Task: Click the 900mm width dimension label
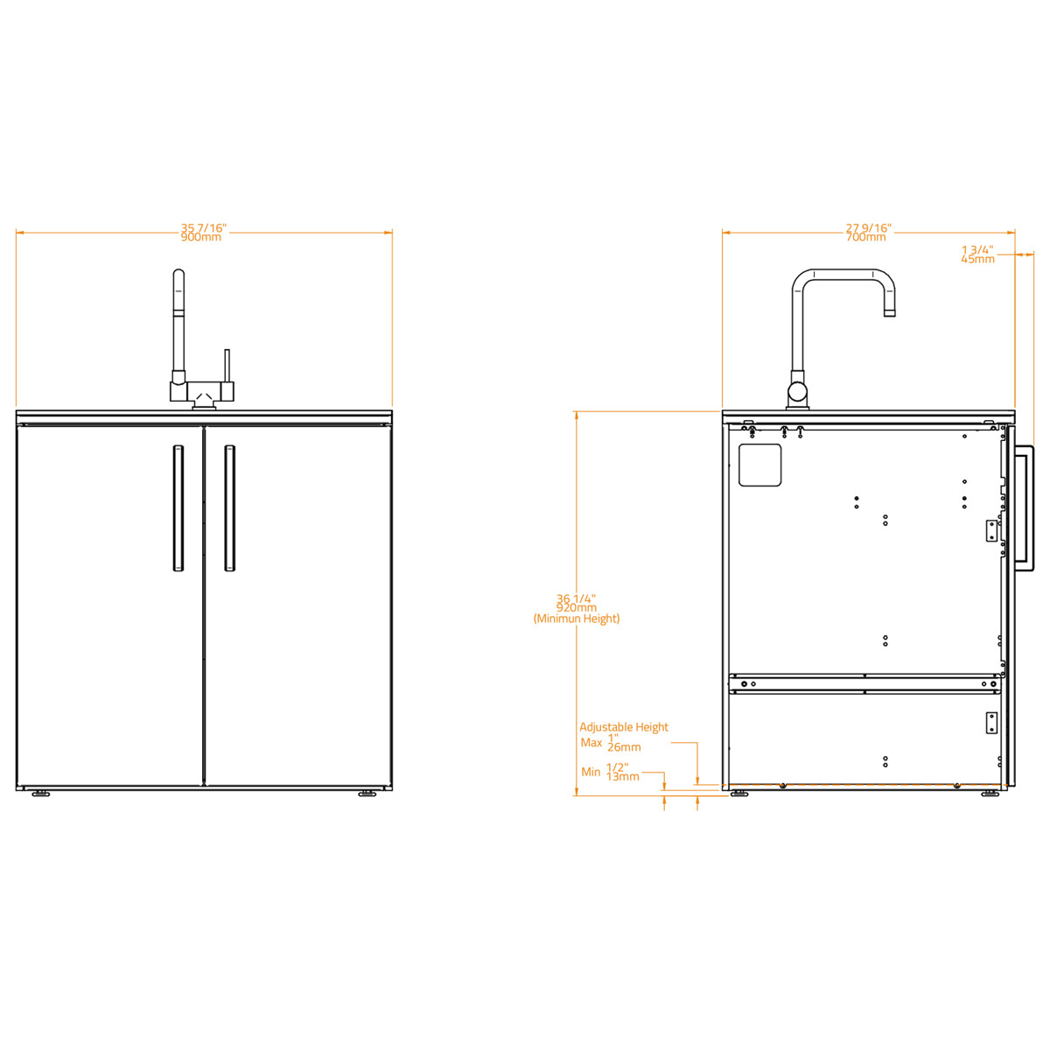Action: click(201, 238)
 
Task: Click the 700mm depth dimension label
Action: click(866, 238)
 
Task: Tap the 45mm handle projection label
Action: click(977, 259)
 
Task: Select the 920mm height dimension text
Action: click(577, 608)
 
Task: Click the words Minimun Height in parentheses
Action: click(577, 619)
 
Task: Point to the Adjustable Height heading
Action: click(624, 727)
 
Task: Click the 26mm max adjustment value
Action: click(624, 748)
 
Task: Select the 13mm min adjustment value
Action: click(623, 777)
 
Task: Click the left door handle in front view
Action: click(178, 508)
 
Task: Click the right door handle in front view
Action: click(229, 508)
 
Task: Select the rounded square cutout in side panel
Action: click(759, 465)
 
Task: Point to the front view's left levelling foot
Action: click(40, 794)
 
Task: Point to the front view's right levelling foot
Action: click(367, 794)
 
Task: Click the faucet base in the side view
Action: click(797, 398)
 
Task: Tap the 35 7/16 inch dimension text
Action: click(203, 228)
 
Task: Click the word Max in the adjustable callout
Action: click(591, 743)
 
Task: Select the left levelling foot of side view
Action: click(739, 794)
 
